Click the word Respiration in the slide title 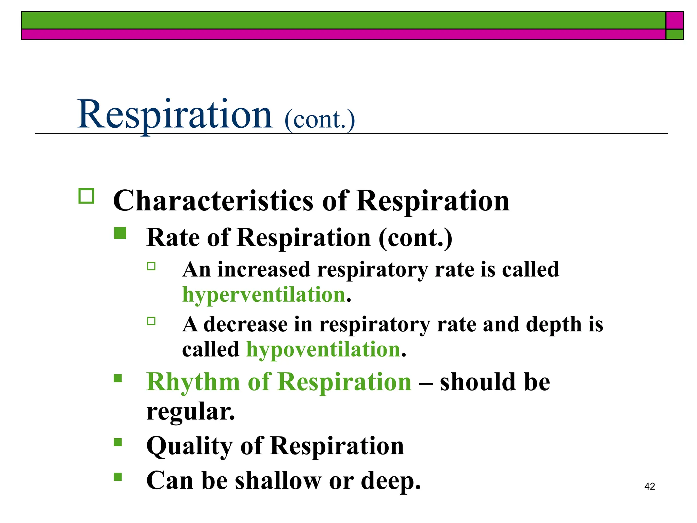click(x=175, y=114)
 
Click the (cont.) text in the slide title click(x=319, y=120)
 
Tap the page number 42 click(x=649, y=486)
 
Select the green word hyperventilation click(x=264, y=295)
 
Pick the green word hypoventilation click(x=323, y=350)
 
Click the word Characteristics click(x=213, y=201)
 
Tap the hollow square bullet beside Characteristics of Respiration click(x=86, y=196)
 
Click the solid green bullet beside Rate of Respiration click(x=120, y=234)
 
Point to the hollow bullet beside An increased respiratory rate click(x=151, y=266)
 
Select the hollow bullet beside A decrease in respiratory click(x=151, y=321)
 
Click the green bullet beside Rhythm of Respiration click(x=118, y=379)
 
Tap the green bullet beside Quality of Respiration click(x=118, y=442)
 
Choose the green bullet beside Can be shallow click(x=118, y=477)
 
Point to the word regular click(x=190, y=412)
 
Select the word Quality click(x=189, y=446)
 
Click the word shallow click(x=278, y=481)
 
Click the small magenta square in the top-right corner click(x=674, y=20)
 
